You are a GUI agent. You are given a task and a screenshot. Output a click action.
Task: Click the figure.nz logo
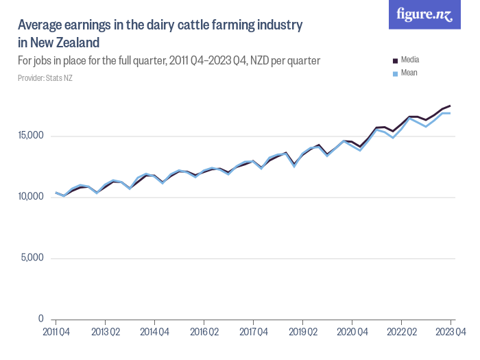(x=424, y=15)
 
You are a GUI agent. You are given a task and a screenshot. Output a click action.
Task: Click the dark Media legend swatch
(x=394, y=60)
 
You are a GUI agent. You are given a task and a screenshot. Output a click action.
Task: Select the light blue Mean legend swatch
(x=394, y=73)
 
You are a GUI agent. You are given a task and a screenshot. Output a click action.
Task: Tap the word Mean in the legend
(x=409, y=73)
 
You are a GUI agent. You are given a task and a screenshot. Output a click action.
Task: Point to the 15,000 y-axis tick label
(x=32, y=136)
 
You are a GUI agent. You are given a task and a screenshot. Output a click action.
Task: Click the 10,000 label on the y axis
(x=32, y=197)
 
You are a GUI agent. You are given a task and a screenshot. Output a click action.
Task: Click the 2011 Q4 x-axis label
(x=56, y=332)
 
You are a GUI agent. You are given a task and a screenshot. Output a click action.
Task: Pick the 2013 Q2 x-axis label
(x=105, y=332)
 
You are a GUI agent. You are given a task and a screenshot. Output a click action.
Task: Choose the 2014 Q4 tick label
(x=154, y=332)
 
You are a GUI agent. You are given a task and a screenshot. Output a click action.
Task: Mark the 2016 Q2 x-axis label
(x=204, y=332)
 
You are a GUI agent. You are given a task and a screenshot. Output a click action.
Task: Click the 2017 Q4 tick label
(x=253, y=332)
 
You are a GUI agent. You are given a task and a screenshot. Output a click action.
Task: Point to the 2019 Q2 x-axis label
(x=302, y=332)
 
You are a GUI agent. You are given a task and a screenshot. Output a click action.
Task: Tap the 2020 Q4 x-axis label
(x=352, y=332)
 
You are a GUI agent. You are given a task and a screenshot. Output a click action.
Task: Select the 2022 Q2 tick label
(x=401, y=332)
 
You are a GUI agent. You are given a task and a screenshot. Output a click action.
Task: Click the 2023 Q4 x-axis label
(x=451, y=332)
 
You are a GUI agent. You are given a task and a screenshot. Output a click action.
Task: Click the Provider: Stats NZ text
(x=45, y=78)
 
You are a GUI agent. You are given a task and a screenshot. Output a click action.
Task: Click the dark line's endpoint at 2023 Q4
(x=451, y=106)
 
